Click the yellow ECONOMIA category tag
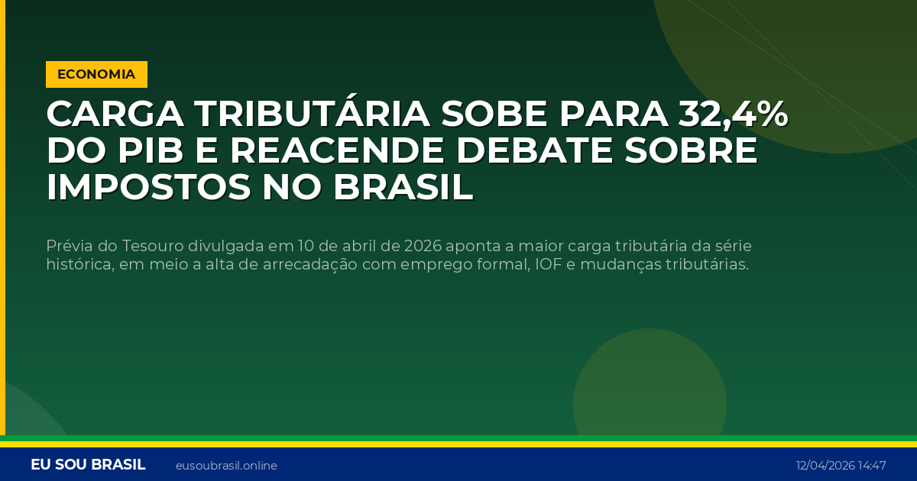(96, 74)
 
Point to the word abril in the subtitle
(360, 247)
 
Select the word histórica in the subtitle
(79, 265)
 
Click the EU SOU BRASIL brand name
(88, 465)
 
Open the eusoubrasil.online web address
(226, 466)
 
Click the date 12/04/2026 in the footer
(825, 466)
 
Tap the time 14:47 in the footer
(872, 466)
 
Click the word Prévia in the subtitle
(67, 247)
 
